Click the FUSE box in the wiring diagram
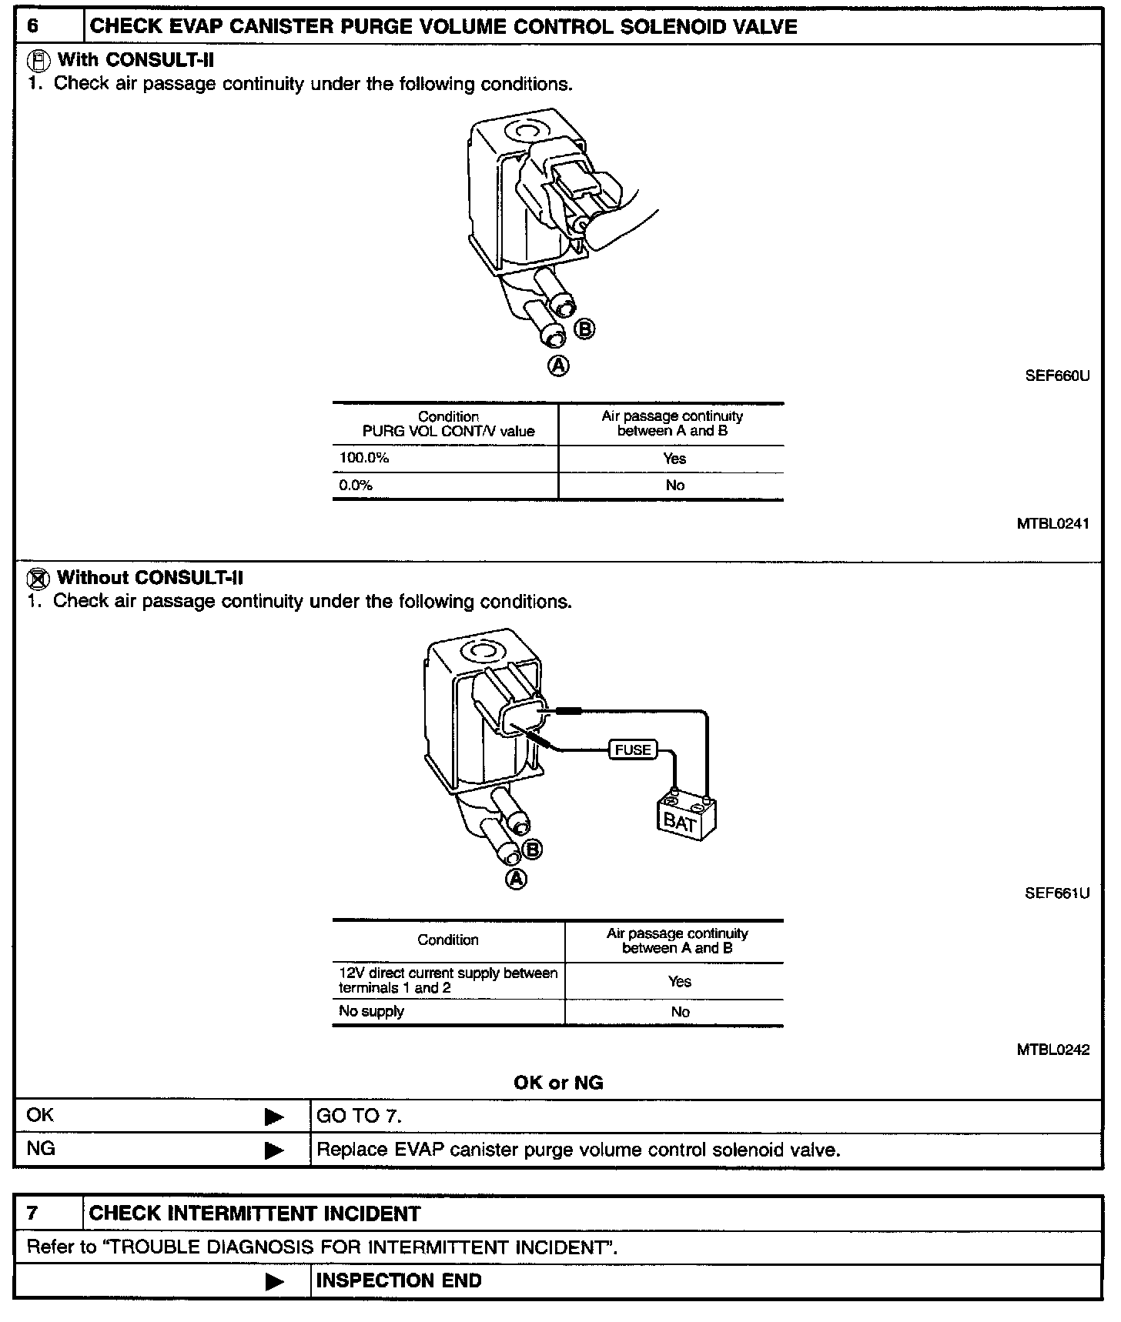point(633,749)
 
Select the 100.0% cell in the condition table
point(364,459)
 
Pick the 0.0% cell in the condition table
point(356,486)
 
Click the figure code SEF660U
point(1058,377)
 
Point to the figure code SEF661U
point(1057,893)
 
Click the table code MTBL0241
point(1052,524)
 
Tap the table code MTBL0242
point(1052,1050)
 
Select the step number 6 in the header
point(33,27)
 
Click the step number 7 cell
point(32,1214)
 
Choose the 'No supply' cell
point(372,1011)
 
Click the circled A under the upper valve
point(558,366)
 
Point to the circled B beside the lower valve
point(532,850)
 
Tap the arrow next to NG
point(273,1150)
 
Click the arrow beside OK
point(273,1117)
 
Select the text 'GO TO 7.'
point(360,1116)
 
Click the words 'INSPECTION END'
point(399,1280)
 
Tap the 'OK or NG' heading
point(558,1083)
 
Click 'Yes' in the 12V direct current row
point(680,981)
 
